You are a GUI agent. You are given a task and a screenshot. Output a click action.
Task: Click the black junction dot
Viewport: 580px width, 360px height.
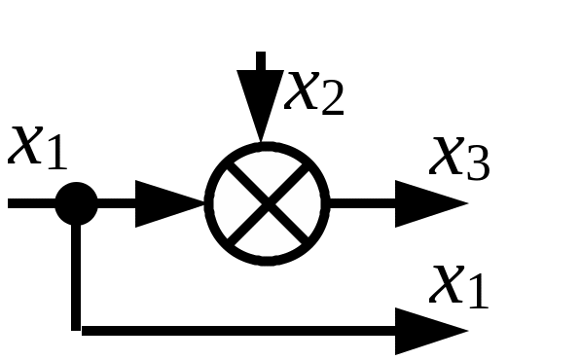click(x=76, y=203)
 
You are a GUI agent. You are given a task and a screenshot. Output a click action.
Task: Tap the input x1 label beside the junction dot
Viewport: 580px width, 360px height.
click(x=37, y=148)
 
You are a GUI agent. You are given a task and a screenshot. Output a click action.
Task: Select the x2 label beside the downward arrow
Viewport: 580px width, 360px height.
click(x=314, y=92)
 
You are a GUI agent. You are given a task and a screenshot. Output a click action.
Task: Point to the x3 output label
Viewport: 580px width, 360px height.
click(x=459, y=159)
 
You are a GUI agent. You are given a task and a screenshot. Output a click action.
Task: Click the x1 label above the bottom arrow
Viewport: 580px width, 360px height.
click(x=458, y=287)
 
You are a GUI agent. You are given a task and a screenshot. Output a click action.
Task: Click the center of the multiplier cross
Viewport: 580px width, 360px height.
click(x=268, y=204)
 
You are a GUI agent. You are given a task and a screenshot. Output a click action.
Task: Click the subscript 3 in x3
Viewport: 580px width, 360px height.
click(x=479, y=163)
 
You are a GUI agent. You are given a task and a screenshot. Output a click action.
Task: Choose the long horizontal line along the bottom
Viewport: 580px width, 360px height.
click(x=238, y=331)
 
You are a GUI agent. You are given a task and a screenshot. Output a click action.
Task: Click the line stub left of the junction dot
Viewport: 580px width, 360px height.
click(x=31, y=203)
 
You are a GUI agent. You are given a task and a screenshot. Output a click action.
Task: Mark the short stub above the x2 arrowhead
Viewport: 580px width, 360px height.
click(x=261, y=61)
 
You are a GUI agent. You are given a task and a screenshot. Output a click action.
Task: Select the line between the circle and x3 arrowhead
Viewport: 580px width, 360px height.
click(x=362, y=203)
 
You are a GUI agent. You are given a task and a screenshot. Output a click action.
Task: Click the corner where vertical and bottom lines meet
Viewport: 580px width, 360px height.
click(x=76, y=331)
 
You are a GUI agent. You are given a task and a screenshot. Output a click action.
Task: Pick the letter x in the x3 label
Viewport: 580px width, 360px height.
click(x=447, y=156)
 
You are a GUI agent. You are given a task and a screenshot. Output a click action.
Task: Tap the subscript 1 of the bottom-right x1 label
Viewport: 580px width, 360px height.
click(x=478, y=292)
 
